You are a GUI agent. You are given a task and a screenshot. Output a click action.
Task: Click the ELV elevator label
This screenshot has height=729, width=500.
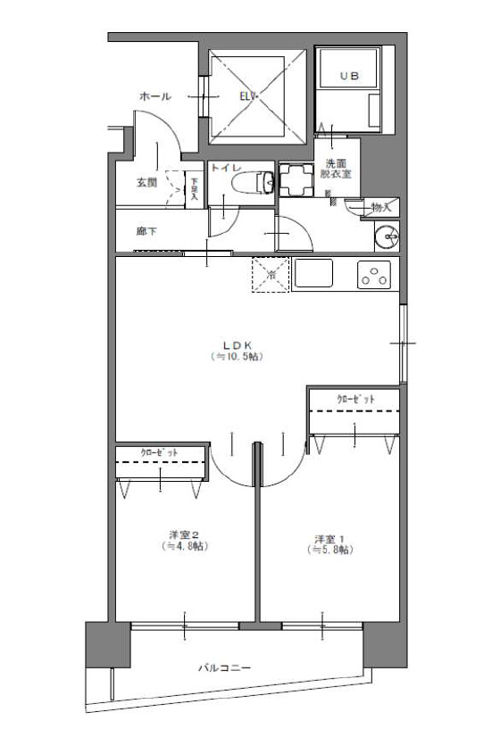(x=247, y=95)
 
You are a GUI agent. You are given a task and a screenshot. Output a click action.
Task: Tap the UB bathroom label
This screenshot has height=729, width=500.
(x=348, y=78)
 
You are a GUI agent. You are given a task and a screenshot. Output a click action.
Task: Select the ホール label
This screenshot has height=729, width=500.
(x=154, y=95)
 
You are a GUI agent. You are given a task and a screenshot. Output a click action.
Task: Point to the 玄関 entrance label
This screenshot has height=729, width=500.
(x=147, y=183)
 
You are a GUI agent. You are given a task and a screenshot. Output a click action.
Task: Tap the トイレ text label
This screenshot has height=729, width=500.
(x=227, y=167)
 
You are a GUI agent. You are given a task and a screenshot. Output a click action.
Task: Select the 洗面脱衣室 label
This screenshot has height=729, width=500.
(x=337, y=168)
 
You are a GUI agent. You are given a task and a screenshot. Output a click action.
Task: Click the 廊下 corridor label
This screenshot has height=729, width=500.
(x=146, y=231)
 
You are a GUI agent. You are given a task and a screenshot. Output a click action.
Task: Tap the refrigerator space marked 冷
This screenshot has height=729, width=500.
(x=271, y=275)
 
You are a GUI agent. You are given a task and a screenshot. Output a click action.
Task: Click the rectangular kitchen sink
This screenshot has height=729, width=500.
(x=313, y=275)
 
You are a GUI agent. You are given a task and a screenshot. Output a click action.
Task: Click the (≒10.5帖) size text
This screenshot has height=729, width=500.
(x=237, y=357)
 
